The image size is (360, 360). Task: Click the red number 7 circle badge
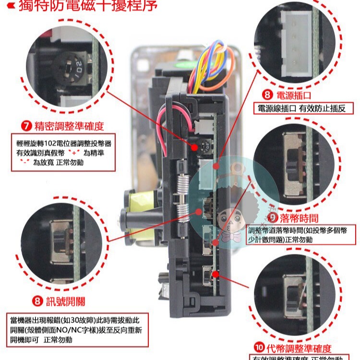[x=27, y=127]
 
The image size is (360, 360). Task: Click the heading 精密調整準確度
[x=69, y=127]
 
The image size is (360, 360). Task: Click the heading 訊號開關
[x=65, y=301]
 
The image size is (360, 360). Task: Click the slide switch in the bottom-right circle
[x=292, y=298]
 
